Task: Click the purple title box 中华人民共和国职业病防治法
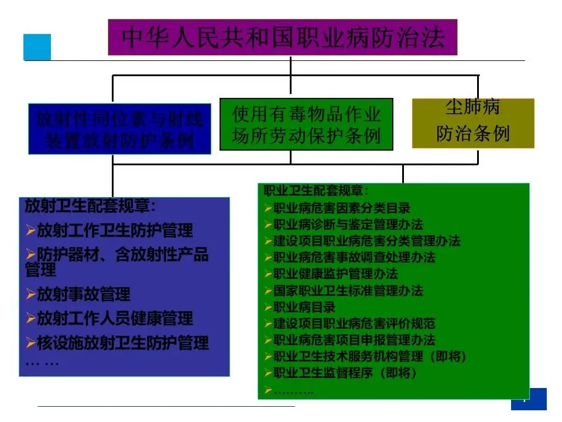click(x=283, y=37)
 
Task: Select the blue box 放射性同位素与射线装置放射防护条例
click(x=119, y=130)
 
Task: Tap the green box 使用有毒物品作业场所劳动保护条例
click(x=306, y=124)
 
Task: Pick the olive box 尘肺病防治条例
click(x=473, y=123)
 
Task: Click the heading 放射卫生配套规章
click(x=91, y=206)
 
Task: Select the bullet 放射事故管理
click(x=83, y=294)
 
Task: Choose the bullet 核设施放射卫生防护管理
click(x=122, y=342)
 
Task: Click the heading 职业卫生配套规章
click(x=316, y=191)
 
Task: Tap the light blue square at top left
click(x=37, y=47)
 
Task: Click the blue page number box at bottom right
click(x=529, y=399)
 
